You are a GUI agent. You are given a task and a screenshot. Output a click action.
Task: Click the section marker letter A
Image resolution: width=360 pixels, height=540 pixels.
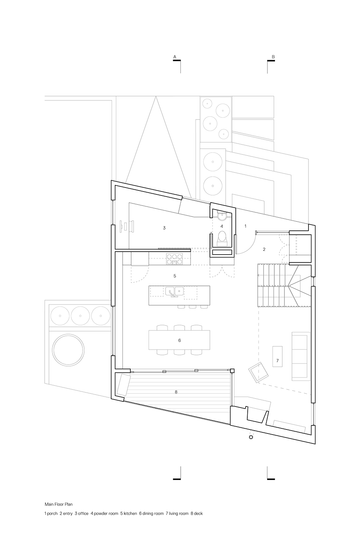[175, 57]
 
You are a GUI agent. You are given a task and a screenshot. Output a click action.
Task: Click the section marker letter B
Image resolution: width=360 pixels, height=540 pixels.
[273, 57]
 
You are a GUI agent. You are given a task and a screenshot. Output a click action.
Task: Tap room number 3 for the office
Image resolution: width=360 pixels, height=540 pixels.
[164, 228]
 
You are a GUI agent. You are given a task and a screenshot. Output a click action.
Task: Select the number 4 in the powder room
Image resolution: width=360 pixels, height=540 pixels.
[222, 226]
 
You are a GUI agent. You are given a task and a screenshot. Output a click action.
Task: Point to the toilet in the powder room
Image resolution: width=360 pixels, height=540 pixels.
[222, 238]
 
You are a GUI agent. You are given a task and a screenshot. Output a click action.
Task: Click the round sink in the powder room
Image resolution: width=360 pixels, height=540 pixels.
[222, 217]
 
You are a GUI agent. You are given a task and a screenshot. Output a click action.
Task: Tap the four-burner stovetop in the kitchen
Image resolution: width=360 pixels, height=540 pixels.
[174, 259]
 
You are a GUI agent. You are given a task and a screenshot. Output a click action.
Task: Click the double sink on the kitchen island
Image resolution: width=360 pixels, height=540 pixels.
[175, 291]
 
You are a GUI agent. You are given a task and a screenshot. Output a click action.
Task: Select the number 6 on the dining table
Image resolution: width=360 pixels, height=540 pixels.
[179, 340]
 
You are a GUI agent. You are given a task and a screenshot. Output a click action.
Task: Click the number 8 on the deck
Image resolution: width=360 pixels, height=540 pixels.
[176, 392]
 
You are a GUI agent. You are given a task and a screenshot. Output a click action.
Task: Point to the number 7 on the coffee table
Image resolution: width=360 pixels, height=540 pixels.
[278, 360]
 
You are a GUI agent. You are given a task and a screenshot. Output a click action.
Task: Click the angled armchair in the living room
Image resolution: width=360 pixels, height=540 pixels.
[258, 372]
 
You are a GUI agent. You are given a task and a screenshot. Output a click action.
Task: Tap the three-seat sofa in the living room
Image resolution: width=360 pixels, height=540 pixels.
[301, 356]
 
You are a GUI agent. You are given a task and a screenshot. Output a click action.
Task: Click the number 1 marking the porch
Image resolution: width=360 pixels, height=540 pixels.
[246, 226]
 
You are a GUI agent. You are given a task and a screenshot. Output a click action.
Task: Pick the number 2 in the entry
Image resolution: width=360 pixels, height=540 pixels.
[264, 249]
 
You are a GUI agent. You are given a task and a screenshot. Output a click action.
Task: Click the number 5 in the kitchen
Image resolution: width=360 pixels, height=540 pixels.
[175, 276]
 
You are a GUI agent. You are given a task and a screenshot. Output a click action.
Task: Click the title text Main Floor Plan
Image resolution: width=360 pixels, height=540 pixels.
[58, 504]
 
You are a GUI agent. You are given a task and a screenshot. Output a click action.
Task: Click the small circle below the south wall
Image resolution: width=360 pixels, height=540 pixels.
[251, 437]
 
